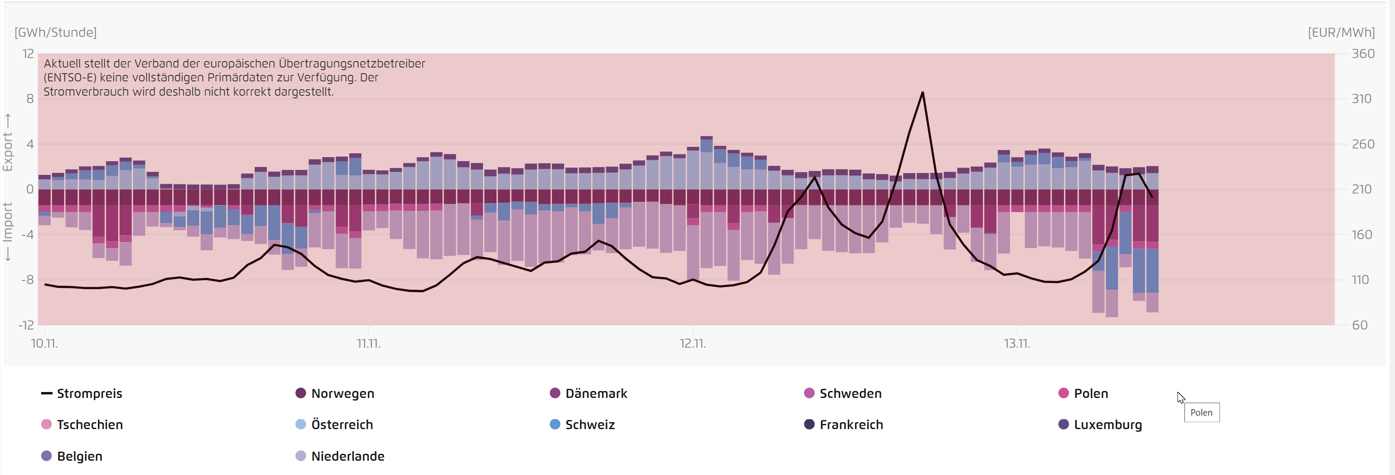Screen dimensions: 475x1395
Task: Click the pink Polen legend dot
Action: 1064,393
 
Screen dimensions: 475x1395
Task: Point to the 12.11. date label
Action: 693,343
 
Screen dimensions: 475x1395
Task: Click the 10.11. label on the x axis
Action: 44,343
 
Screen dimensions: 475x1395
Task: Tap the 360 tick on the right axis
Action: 1363,54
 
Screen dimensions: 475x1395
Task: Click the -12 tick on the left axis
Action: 26,325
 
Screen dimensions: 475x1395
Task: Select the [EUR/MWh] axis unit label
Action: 1341,32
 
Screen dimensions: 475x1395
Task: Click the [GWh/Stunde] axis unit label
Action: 56,32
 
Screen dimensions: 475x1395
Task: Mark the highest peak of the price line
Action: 922,93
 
